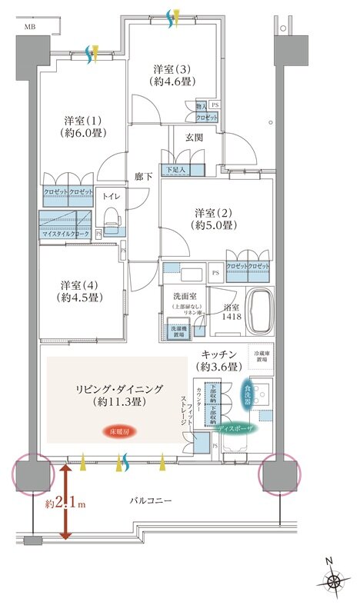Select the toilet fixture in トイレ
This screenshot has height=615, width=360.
pos(112,220)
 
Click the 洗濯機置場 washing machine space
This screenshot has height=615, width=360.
pos(180,331)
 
